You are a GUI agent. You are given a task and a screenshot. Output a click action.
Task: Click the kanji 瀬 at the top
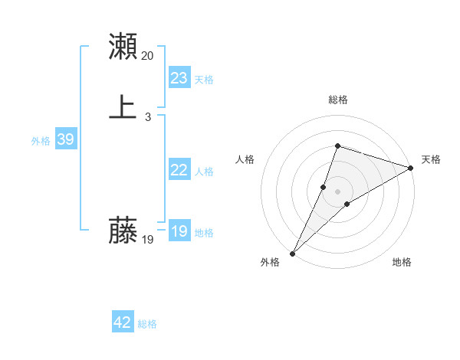(x=123, y=46)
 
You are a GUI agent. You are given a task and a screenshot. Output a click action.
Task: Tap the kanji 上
(x=123, y=107)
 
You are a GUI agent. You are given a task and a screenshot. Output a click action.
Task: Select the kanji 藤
(x=123, y=230)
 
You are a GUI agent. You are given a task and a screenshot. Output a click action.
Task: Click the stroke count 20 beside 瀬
(x=148, y=56)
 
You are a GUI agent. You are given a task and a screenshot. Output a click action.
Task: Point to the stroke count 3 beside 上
(x=148, y=117)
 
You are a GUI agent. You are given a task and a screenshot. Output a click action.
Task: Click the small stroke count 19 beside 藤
(x=148, y=240)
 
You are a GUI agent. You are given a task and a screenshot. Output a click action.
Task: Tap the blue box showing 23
(x=179, y=78)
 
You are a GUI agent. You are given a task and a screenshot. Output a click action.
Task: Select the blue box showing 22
(x=179, y=170)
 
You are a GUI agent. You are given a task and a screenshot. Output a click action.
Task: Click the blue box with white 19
(x=179, y=231)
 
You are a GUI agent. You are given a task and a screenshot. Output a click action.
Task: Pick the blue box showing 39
(x=65, y=139)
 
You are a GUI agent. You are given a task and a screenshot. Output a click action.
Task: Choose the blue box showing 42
(x=123, y=322)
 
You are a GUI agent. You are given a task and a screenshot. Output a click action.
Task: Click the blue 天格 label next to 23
(x=204, y=80)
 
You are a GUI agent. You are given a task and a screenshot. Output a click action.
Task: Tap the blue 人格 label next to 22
(x=204, y=172)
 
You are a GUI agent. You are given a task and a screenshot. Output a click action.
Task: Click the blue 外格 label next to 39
(x=41, y=141)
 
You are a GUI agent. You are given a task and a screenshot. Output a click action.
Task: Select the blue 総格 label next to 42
(x=147, y=324)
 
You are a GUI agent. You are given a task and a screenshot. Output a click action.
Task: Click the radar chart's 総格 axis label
(x=337, y=100)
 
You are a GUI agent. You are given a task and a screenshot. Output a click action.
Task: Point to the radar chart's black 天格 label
(x=431, y=159)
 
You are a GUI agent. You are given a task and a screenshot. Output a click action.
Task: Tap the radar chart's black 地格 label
(x=402, y=262)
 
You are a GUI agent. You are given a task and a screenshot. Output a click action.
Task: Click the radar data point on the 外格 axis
(x=292, y=253)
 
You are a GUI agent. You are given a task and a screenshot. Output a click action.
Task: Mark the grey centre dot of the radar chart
(x=337, y=191)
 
